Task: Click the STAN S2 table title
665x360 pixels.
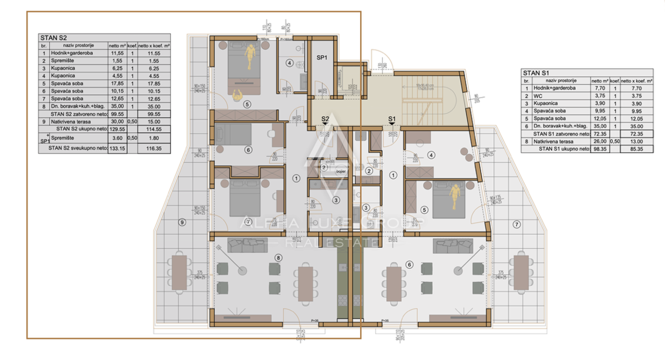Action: point(50,38)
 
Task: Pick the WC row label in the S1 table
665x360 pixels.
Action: point(539,95)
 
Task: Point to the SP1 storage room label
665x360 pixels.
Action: point(322,57)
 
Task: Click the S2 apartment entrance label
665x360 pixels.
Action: point(326,119)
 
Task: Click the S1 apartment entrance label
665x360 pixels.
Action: point(391,119)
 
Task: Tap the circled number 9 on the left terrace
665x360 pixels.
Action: point(182,223)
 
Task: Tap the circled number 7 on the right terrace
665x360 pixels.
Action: point(516,224)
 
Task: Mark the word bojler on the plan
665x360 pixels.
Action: point(340,172)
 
